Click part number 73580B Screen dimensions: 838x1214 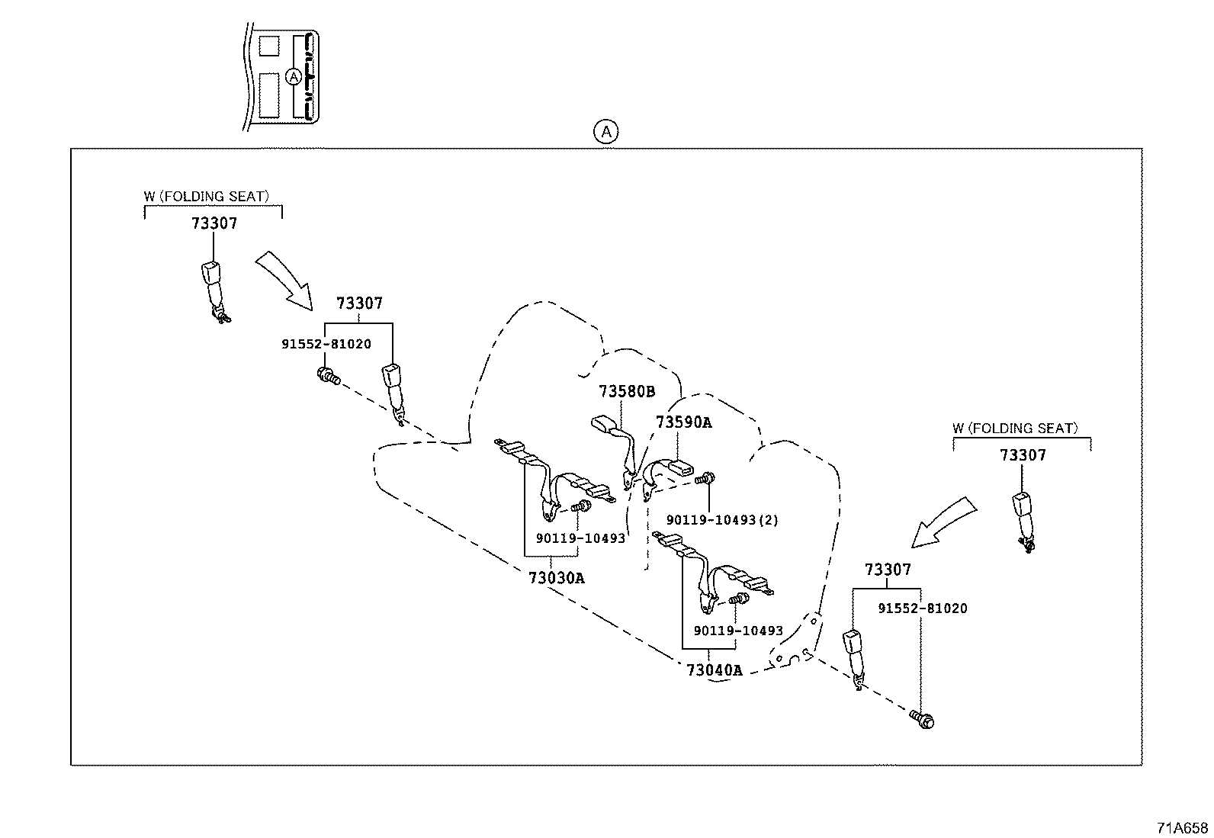pyautogui.click(x=626, y=392)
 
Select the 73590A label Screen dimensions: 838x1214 pyautogui.click(x=683, y=422)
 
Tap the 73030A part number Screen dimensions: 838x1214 pyautogui.click(x=556, y=578)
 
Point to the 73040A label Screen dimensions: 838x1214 pyautogui.click(x=714, y=670)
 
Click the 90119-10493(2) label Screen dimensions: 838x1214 pyautogui.click(x=721, y=520)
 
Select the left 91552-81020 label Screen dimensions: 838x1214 pyautogui.click(x=326, y=344)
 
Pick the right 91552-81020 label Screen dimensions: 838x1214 pyautogui.click(x=922, y=608)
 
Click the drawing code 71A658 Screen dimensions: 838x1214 pyautogui.click(x=1181, y=828)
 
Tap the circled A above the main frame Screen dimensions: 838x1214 pyautogui.click(x=605, y=132)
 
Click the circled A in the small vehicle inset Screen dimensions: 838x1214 pyautogui.click(x=294, y=76)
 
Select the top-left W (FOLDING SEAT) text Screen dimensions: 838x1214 pyautogui.click(x=206, y=197)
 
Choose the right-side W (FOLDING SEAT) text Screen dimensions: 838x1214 pyautogui.click(x=1015, y=429)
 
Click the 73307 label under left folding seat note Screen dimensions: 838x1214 pyautogui.click(x=214, y=223)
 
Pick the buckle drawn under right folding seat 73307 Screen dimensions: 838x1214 pyautogui.click(x=1023, y=515)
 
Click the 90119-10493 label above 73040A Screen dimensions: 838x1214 pyautogui.click(x=737, y=631)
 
